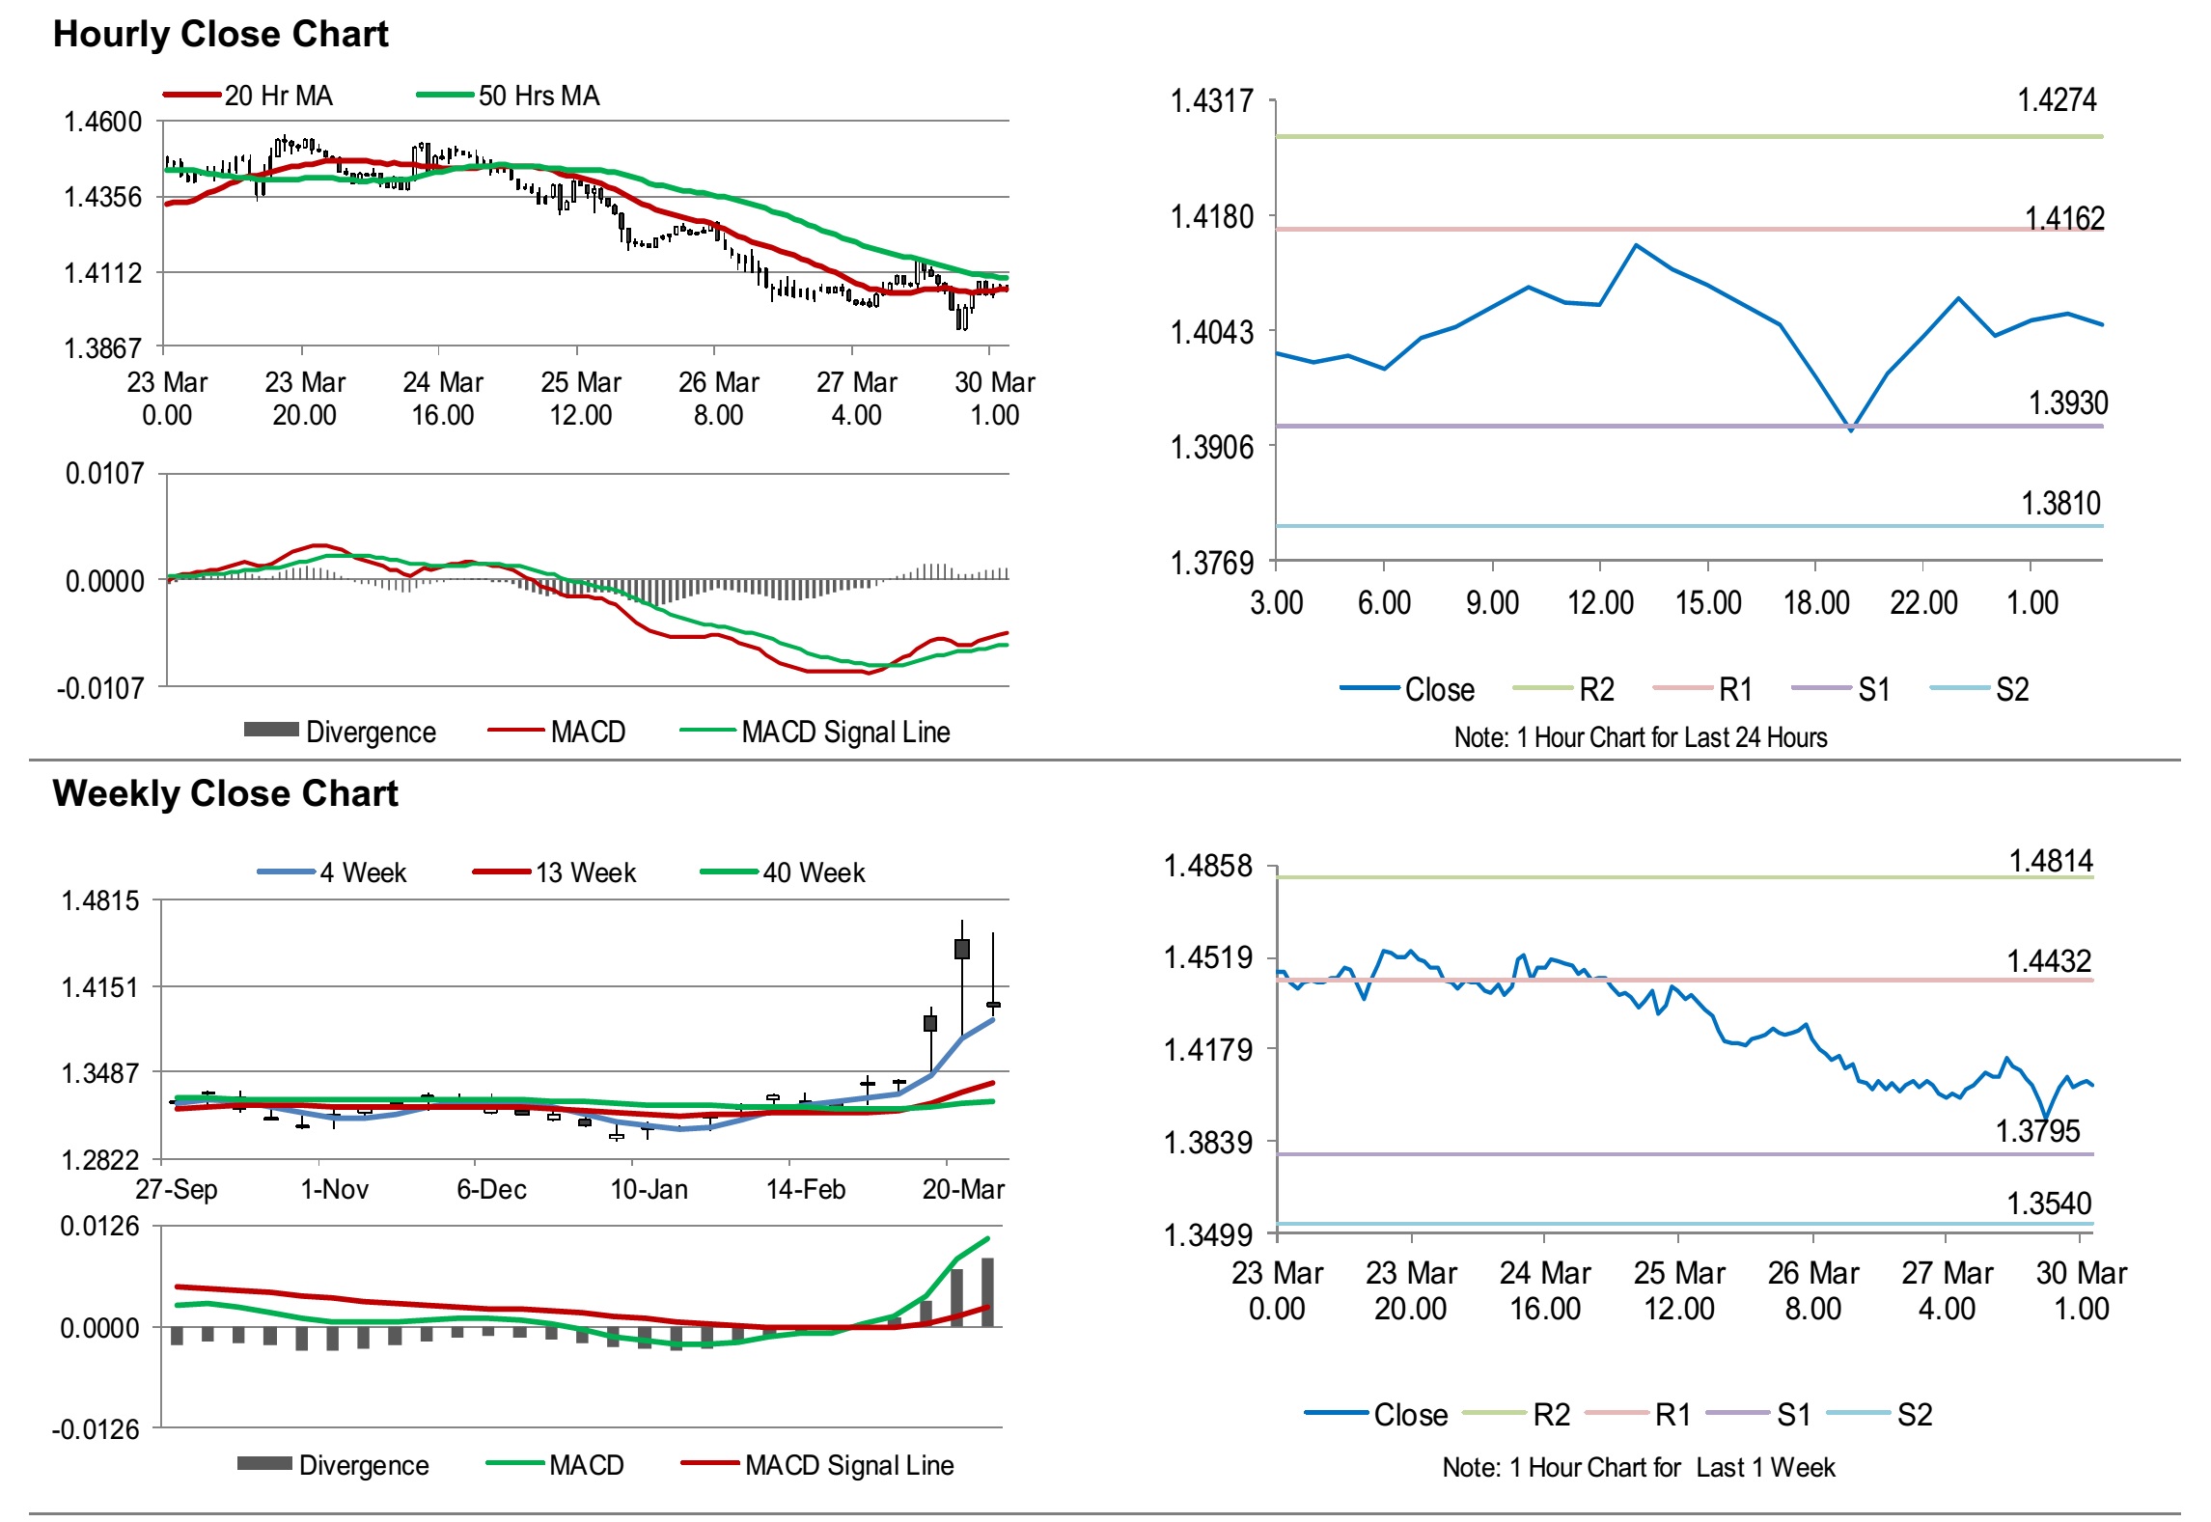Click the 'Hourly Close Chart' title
click(220, 35)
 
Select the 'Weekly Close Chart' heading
click(225, 793)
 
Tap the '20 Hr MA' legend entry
click(278, 96)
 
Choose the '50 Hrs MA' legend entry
click(539, 96)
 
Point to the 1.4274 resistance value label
click(2057, 99)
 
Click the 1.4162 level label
click(2063, 218)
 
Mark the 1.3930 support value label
click(2067, 402)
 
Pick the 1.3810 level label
click(2060, 503)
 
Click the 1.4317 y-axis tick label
click(1211, 100)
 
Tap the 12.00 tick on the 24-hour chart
click(1600, 603)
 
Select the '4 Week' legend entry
click(363, 872)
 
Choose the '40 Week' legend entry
click(814, 872)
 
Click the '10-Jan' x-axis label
click(649, 1189)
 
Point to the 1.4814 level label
click(2051, 860)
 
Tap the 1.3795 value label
click(2037, 1130)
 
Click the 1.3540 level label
click(2049, 1204)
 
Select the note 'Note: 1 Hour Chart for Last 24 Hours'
click(1640, 737)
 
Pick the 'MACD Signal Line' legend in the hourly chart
click(845, 732)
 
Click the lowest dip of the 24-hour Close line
click(1850, 430)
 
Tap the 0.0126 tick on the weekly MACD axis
click(99, 1227)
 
